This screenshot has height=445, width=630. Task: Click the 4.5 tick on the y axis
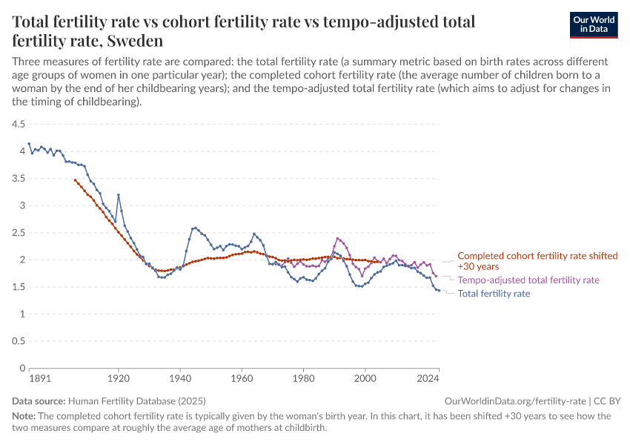click(x=18, y=124)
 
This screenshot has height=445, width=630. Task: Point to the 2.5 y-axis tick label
click(x=18, y=232)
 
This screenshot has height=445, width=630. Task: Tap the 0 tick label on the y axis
click(x=22, y=368)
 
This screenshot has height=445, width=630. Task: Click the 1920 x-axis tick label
click(x=118, y=378)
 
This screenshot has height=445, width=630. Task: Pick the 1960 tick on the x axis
click(x=241, y=378)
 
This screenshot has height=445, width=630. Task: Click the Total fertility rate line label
click(x=494, y=294)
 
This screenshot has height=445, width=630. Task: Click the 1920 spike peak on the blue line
click(x=118, y=194)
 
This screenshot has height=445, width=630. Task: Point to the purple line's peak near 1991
click(x=337, y=238)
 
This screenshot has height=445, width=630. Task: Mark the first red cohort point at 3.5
click(x=75, y=179)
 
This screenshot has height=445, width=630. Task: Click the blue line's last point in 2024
click(x=439, y=290)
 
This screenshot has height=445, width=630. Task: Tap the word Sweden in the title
click(x=133, y=40)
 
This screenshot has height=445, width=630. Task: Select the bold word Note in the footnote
click(x=24, y=416)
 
